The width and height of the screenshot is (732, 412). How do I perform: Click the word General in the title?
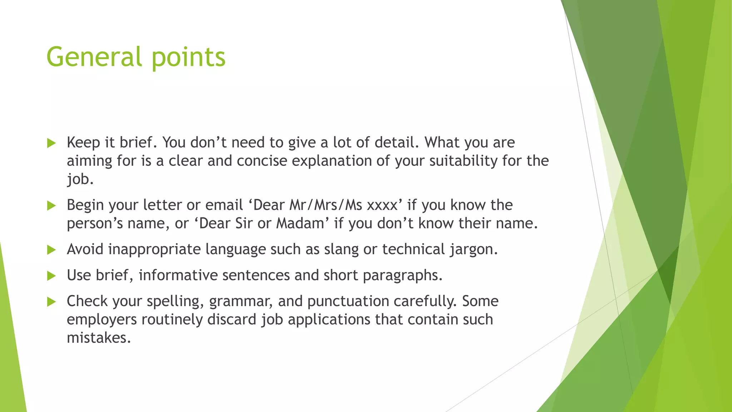[x=94, y=57]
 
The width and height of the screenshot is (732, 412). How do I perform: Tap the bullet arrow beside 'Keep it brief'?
[x=51, y=143]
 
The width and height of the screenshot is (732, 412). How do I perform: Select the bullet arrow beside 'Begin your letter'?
[x=51, y=206]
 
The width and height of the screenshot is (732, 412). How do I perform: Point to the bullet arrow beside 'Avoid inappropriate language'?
[x=51, y=250]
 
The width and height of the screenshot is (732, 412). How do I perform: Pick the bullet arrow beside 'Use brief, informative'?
[x=51, y=276]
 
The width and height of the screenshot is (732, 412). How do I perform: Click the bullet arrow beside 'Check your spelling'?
[x=51, y=302]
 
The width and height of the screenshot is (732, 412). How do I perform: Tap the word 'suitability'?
[x=463, y=161]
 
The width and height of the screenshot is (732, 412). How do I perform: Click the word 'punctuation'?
[x=348, y=301]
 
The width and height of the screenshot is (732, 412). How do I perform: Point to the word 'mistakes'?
[x=99, y=338]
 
